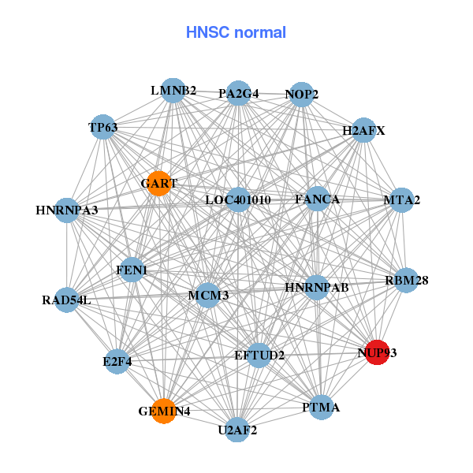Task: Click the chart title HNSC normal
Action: pyautogui.click(x=236, y=32)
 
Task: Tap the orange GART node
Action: pyautogui.click(x=158, y=184)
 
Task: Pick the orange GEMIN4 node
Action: pyautogui.click(x=163, y=411)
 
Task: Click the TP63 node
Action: pyautogui.click(x=103, y=127)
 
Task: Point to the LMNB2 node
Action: pyautogui.click(x=173, y=91)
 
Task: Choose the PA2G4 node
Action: pyautogui.click(x=238, y=94)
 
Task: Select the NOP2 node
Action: pyautogui.click(x=302, y=95)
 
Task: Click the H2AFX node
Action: pyautogui.click(x=363, y=131)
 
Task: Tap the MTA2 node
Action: pyautogui.click(x=400, y=200)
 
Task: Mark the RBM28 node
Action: pyautogui.click(x=406, y=280)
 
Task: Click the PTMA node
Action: pyautogui.click(x=320, y=408)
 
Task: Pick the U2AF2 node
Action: pyautogui.click(x=237, y=430)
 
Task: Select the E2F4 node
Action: pyautogui.click(x=117, y=362)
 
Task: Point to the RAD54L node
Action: pyautogui.click(x=67, y=300)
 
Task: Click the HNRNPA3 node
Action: pyautogui.click(x=67, y=210)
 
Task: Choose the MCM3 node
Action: pyautogui.click(x=207, y=296)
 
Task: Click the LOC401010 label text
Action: pyautogui.click(x=237, y=200)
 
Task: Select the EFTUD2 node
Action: pyautogui.click(x=259, y=356)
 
